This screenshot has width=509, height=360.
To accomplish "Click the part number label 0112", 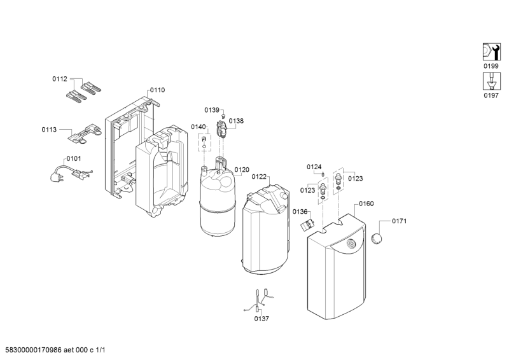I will pyautogui.click(x=59, y=80).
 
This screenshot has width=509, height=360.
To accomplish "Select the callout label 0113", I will pyautogui.click(x=49, y=129).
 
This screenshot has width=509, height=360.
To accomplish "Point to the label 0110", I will pyautogui.click(x=157, y=90).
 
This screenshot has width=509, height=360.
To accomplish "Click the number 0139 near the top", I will pyautogui.click(x=212, y=111).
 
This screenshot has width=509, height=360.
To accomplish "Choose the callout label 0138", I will pyautogui.click(x=236, y=120).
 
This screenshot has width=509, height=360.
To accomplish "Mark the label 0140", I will pyautogui.click(x=199, y=127).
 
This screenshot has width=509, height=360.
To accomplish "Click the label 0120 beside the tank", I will pyautogui.click(x=242, y=169).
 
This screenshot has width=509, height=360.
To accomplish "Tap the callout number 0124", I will pyautogui.click(x=314, y=167).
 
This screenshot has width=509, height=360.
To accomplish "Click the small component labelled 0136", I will pyautogui.click(x=309, y=223).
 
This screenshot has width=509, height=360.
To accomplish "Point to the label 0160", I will pyautogui.click(x=366, y=204).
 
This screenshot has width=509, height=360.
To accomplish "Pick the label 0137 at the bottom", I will pyautogui.click(x=261, y=319).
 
